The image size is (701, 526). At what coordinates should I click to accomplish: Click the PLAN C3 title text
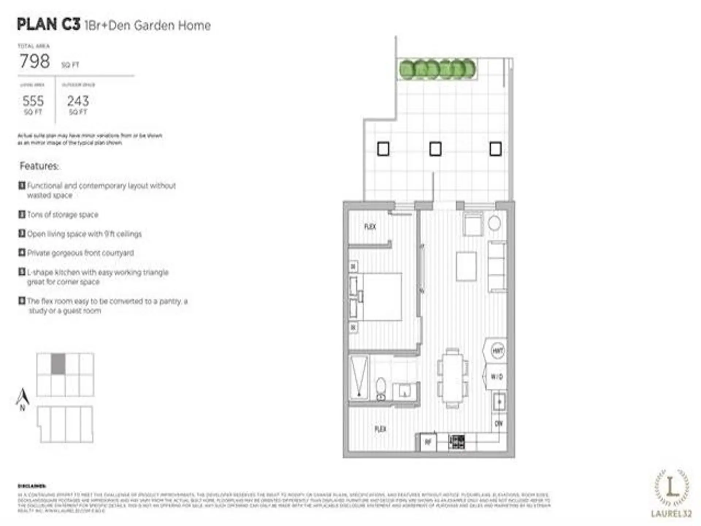click(x=49, y=24)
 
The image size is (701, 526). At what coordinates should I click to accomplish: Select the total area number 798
click(x=35, y=61)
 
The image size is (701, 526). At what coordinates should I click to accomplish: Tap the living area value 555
click(x=33, y=101)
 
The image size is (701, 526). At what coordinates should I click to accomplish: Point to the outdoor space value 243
click(x=78, y=101)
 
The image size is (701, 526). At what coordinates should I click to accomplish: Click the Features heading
click(x=39, y=166)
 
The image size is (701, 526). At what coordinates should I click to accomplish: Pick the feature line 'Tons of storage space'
click(x=62, y=214)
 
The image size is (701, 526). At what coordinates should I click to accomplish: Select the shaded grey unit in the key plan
click(x=58, y=364)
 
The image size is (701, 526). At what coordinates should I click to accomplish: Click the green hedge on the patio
click(x=437, y=69)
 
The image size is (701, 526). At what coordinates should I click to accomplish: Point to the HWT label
click(x=497, y=351)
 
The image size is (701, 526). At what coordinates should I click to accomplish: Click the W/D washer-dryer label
click(x=497, y=376)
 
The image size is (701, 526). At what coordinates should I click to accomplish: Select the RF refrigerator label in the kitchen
click(x=428, y=442)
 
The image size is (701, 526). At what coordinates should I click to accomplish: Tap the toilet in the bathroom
click(x=380, y=389)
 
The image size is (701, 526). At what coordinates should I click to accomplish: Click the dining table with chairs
click(x=452, y=378)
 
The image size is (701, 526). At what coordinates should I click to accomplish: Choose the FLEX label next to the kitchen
click(x=380, y=429)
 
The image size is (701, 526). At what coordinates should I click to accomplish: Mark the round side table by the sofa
click(x=494, y=223)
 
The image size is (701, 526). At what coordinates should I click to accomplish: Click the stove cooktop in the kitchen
click(x=457, y=442)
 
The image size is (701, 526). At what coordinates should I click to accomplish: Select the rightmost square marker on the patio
click(x=495, y=149)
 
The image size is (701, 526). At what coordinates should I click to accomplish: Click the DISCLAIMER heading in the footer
click(x=32, y=486)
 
